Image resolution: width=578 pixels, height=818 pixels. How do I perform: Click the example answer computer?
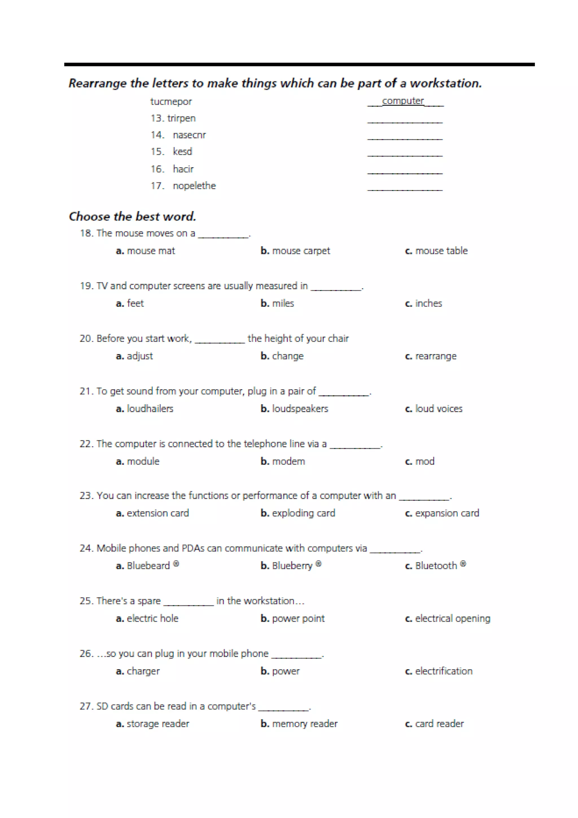click(403, 101)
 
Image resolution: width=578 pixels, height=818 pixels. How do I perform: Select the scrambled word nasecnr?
click(189, 135)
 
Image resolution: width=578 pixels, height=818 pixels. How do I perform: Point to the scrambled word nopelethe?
click(194, 186)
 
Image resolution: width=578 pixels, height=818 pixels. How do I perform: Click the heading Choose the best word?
click(132, 216)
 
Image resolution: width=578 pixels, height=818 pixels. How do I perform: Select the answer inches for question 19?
click(428, 304)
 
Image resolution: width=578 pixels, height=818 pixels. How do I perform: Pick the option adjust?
click(139, 356)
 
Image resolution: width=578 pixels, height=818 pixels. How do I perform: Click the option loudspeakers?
click(300, 409)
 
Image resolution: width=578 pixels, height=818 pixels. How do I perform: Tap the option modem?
click(288, 461)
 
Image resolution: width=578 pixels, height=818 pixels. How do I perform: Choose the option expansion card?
click(447, 513)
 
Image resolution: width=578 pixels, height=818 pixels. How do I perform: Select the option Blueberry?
click(292, 566)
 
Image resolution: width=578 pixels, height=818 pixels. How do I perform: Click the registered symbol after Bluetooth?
click(463, 564)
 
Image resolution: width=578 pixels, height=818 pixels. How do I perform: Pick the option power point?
click(298, 619)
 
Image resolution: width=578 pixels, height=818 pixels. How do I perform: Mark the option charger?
click(143, 671)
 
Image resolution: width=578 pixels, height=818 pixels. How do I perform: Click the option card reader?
click(439, 724)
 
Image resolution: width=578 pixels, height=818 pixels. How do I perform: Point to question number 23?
click(86, 496)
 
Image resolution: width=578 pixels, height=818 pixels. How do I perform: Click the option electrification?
click(443, 671)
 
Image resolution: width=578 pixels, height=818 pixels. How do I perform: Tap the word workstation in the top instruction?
click(445, 83)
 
